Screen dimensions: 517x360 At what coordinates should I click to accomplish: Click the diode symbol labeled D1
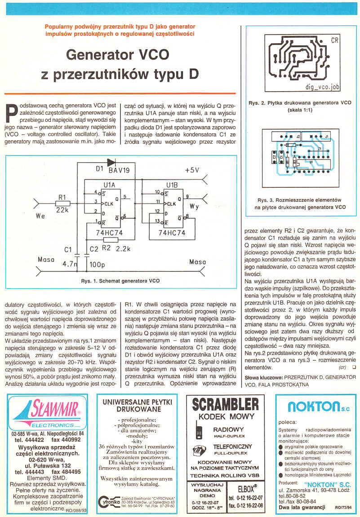(111, 162)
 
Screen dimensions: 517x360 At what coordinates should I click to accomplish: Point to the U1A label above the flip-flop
(109, 185)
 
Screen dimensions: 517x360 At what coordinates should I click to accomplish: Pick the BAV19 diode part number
(119, 171)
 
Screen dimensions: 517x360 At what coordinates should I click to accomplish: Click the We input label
(40, 217)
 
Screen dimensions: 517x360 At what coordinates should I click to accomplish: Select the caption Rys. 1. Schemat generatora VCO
(120, 281)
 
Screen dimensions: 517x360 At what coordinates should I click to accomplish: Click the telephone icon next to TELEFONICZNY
(196, 450)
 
